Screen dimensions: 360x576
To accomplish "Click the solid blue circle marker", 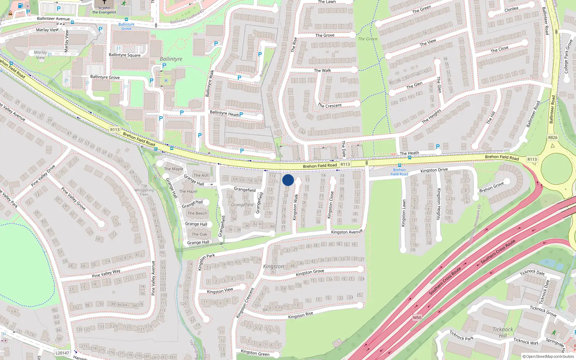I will click(x=288, y=180).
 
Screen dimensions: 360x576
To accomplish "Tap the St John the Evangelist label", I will click(x=104, y=10).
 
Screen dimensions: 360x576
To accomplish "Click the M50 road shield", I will click(x=417, y=318).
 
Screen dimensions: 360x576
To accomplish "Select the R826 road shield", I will click(x=553, y=138).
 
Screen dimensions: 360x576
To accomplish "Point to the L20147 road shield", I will click(x=62, y=353).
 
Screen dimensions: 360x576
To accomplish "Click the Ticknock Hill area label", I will click(x=503, y=332).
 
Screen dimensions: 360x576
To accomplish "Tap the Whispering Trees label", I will click(x=144, y=190).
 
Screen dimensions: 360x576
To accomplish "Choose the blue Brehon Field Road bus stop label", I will click(x=399, y=172).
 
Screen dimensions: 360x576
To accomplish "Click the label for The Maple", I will click(x=174, y=169).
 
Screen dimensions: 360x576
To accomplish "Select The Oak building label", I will click(x=199, y=234).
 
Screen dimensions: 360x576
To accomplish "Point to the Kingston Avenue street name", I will click(x=347, y=232).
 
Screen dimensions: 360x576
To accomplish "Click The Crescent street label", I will click(x=330, y=105).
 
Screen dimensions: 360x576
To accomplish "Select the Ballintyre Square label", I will click(x=125, y=55).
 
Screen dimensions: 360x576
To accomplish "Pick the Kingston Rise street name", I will click(x=301, y=315).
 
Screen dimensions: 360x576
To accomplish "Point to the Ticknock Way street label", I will click(x=526, y=341).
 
